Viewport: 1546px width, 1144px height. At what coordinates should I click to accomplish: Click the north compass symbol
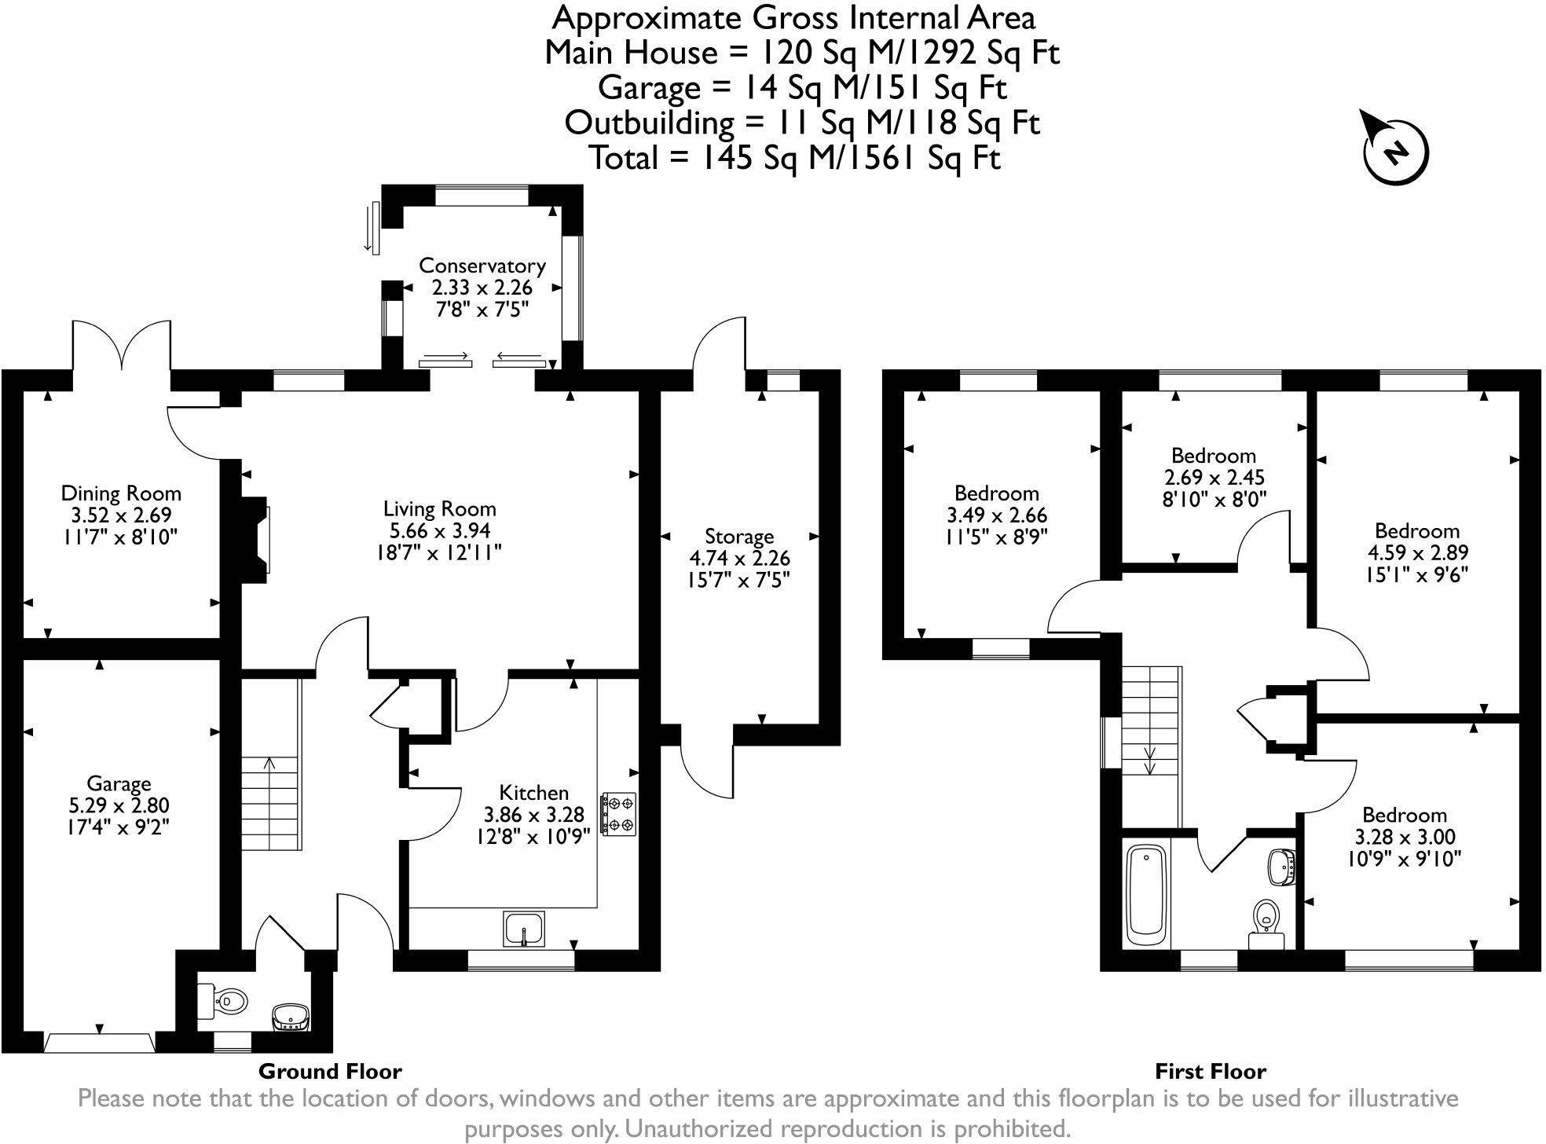pyautogui.click(x=1395, y=150)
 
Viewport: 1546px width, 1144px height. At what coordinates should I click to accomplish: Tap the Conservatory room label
pyautogui.click(x=482, y=266)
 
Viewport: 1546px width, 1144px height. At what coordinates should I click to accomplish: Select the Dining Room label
pyautogui.click(x=121, y=493)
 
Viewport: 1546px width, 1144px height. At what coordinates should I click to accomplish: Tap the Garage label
pyautogui.click(x=119, y=783)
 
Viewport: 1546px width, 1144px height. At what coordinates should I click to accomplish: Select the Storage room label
pyautogui.click(x=738, y=537)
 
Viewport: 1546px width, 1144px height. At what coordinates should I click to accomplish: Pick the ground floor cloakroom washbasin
pyautogui.click(x=290, y=1017)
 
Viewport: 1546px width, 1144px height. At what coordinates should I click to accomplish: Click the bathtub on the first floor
pyautogui.click(x=1148, y=896)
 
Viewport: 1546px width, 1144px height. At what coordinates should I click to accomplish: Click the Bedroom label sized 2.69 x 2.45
pyautogui.click(x=1213, y=456)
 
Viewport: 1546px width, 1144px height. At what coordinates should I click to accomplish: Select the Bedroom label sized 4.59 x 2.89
pyautogui.click(x=1416, y=530)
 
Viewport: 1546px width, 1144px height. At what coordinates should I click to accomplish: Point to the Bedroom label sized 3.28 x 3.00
pyautogui.click(x=1404, y=815)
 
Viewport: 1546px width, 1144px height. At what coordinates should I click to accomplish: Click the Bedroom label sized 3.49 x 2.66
pyautogui.click(x=996, y=493)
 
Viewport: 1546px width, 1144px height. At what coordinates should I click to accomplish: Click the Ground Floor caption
pyautogui.click(x=330, y=1071)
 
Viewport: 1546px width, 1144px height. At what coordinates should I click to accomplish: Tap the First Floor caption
pyautogui.click(x=1210, y=1071)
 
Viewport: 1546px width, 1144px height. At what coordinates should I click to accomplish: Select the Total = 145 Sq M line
pyautogui.click(x=794, y=158)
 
